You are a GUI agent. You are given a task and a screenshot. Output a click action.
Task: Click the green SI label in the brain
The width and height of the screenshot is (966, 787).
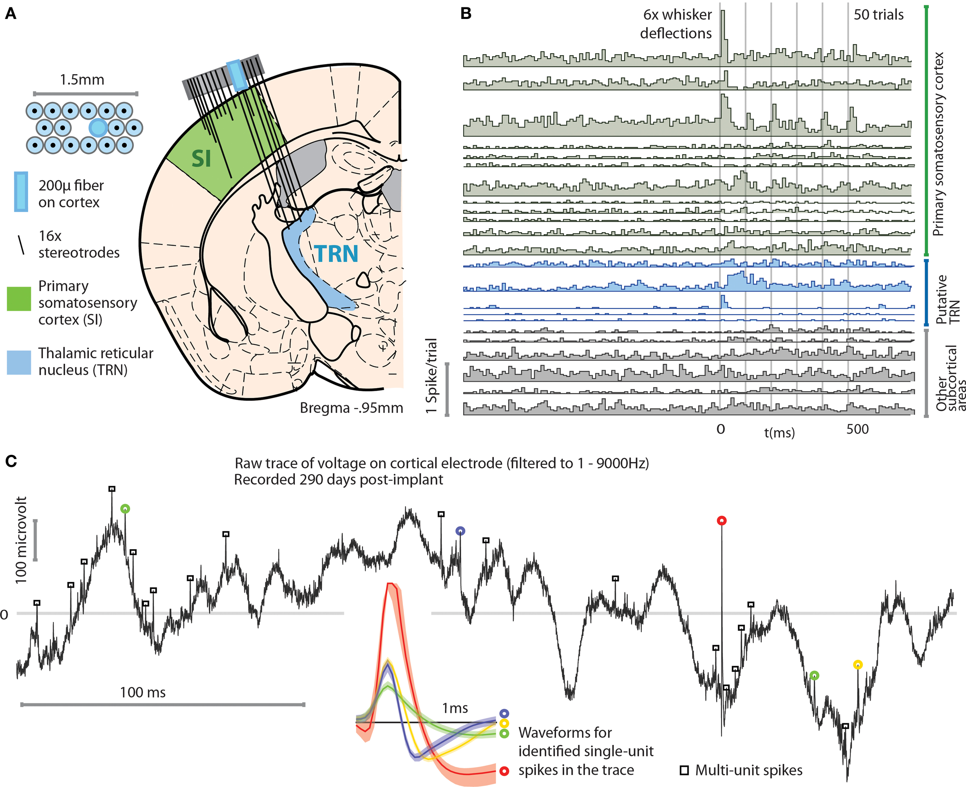[201, 159]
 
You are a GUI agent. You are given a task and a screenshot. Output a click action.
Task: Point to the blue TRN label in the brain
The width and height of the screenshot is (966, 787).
[336, 254]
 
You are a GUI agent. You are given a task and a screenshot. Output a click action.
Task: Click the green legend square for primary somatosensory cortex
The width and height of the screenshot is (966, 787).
[19, 299]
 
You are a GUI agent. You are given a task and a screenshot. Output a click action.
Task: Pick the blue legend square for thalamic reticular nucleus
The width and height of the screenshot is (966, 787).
[19, 363]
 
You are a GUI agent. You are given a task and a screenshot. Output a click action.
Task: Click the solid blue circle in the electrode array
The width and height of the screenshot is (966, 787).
[98, 128]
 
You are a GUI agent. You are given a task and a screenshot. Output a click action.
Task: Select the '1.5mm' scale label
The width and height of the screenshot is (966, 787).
[82, 80]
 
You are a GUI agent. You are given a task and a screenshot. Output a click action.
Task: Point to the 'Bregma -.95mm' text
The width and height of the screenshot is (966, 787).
[352, 408]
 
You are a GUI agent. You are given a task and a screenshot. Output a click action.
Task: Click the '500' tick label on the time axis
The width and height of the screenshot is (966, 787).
[857, 429]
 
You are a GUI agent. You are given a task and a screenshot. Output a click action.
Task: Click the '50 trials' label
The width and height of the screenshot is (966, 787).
[878, 15]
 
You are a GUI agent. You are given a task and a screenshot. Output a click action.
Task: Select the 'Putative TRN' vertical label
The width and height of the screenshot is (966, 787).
[948, 299]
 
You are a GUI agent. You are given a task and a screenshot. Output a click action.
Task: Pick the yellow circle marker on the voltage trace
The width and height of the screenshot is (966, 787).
[857, 665]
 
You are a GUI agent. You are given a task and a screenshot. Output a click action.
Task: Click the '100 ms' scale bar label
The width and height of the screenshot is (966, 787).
[143, 692]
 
